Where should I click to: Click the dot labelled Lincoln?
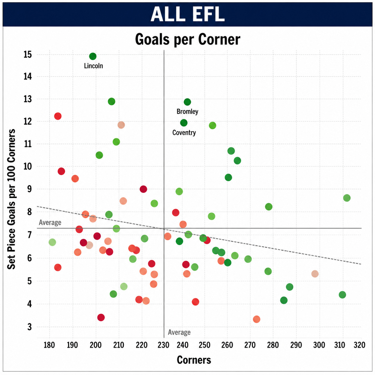[93, 57]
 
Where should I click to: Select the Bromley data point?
[187, 102]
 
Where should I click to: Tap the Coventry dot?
[184, 123]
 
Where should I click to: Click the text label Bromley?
[187, 112]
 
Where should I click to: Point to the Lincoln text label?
[93, 66]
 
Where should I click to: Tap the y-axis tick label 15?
[28, 54]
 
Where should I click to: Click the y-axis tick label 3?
[29, 327]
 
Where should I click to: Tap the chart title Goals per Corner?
[187, 39]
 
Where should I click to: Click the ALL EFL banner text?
[187, 14]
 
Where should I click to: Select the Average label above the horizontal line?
[50, 222]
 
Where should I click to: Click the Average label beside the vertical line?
[179, 332]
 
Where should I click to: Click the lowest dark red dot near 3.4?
[101, 317]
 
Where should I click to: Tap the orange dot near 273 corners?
[257, 319]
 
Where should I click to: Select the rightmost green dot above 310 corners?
[347, 198]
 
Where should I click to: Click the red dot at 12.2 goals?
[58, 116]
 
